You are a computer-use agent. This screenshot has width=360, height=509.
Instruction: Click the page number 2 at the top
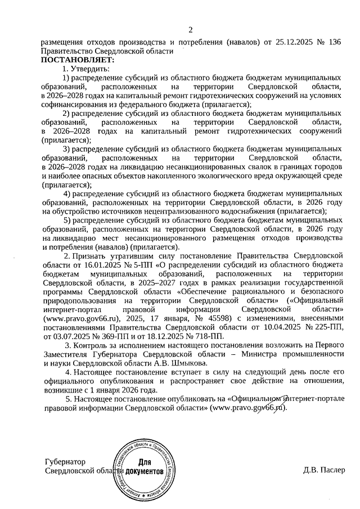191,29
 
